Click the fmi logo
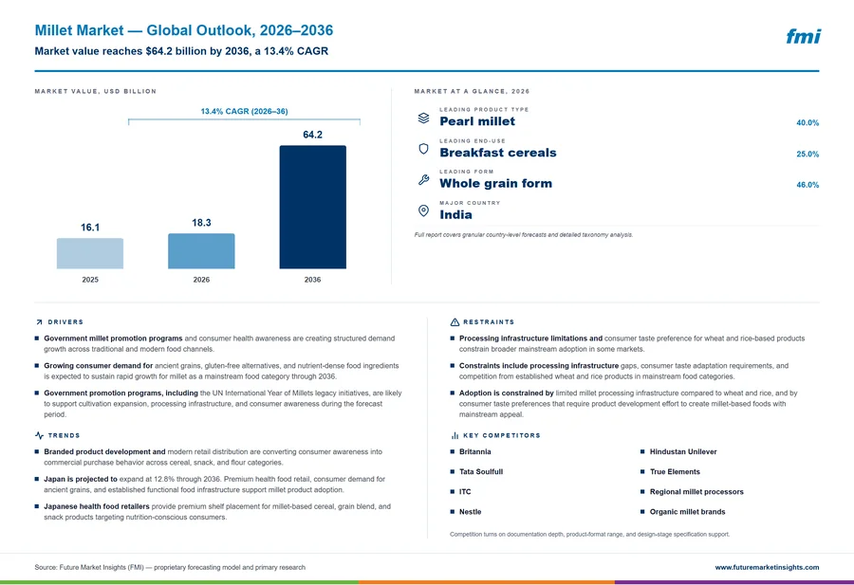(x=803, y=36)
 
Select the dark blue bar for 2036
(x=312, y=207)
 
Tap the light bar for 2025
(x=90, y=253)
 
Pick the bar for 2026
(x=201, y=251)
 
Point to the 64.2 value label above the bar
(x=312, y=135)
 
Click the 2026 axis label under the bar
(x=201, y=280)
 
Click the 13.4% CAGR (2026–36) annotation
(x=244, y=111)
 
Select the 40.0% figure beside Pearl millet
(x=808, y=123)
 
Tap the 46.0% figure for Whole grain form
(x=808, y=185)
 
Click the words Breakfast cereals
(x=498, y=153)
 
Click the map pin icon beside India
(x=423, y=210)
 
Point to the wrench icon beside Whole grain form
(x=423, y=179)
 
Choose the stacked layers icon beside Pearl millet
(x=423, y=119)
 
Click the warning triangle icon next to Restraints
(x=455, y=322)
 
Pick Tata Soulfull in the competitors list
(x=481, y=472)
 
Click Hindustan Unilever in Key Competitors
(x=683, y=451)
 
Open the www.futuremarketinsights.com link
(x=767, y=567)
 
